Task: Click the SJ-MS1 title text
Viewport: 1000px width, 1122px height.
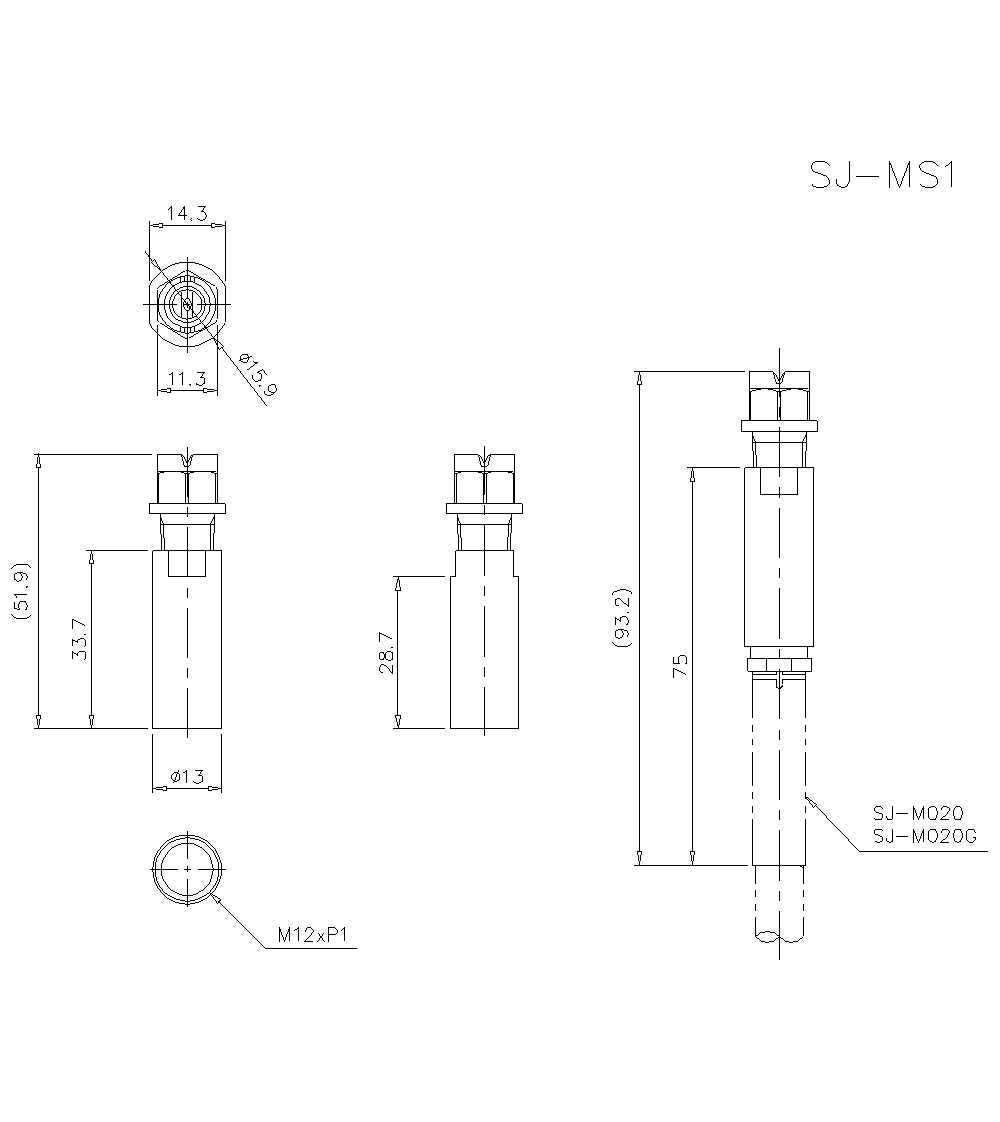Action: point(883,176)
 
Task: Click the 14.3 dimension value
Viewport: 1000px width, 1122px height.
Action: point(187,212)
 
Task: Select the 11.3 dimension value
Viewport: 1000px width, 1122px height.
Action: point(187,378)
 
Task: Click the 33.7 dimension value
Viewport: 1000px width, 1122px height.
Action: point(79,639)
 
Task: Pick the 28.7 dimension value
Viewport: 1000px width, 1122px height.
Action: point(386,652)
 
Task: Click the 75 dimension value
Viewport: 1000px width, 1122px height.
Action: point(680,666)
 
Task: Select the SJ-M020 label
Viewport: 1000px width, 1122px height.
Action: point(917,814)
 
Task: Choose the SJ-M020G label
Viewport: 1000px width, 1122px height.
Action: point(923,836)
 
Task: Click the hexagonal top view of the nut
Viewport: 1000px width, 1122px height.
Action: point(187,303)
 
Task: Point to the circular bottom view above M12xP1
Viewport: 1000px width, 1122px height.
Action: point(187,868)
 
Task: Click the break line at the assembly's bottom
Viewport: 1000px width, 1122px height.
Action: point(780,937)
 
